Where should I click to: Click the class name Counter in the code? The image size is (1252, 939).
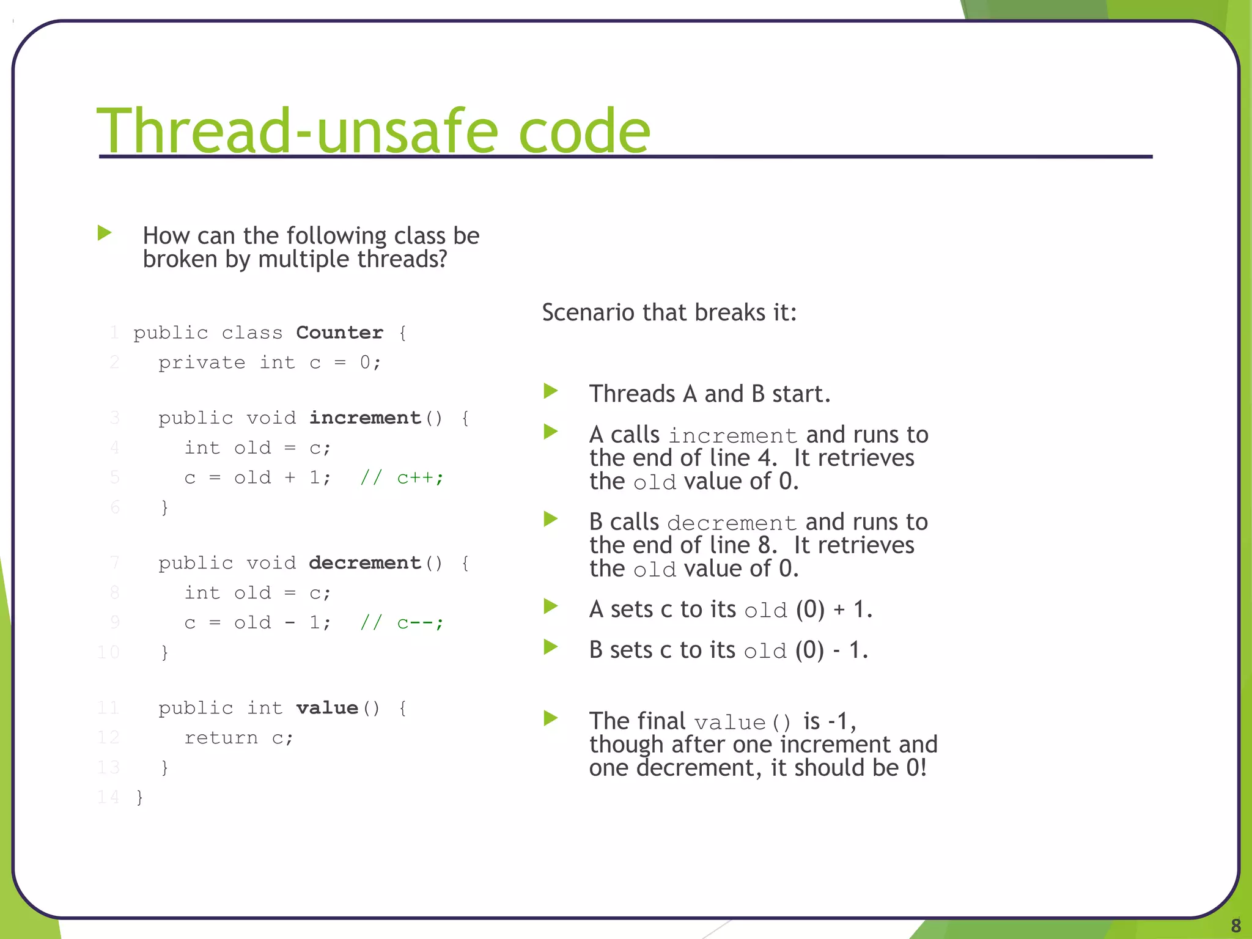[339, 333]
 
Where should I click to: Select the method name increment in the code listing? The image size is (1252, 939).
[365, 418]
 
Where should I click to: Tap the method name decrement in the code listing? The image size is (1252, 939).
[365, 563]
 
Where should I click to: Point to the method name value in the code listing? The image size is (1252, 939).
[327, 708]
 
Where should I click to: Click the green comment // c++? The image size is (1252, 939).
[402, 477]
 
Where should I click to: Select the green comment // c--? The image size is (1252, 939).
[402, 622]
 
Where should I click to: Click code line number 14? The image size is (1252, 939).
[108, 797]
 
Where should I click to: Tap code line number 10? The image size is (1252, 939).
[108, 652]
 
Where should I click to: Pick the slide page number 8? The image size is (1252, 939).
[1235, 925]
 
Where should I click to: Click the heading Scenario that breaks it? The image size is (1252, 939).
[669, 312]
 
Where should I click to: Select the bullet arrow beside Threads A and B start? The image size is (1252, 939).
[551, 391]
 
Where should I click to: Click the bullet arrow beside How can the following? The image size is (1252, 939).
[105, 233]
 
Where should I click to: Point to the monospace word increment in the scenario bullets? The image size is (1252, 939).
[732, 436]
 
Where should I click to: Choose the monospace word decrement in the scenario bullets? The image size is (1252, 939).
[732, 523]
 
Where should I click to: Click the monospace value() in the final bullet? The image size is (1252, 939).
[743, 723]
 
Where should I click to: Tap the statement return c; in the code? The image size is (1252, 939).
[238, 738]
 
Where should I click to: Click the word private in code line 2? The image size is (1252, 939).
[202, 363]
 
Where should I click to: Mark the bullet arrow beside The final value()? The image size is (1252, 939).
[551, 718]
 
